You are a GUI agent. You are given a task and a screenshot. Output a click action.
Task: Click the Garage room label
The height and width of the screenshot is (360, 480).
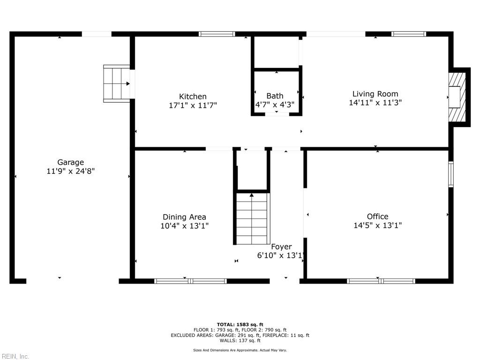[70, 163]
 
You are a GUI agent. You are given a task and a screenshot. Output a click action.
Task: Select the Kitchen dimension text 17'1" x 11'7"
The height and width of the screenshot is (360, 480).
[193, 105]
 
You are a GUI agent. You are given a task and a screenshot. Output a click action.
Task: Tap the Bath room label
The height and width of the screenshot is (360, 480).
[275, 96]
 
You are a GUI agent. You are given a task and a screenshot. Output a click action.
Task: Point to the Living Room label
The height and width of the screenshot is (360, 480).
[375, 94]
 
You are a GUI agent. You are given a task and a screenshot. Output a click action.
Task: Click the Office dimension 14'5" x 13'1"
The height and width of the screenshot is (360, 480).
[377, 225]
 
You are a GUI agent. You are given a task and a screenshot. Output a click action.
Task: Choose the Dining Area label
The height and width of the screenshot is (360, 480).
[184, 217]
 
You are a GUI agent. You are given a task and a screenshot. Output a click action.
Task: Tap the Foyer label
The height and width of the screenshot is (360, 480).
[281, 247]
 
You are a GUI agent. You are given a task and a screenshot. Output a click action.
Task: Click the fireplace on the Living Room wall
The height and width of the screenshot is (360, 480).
[457, 97]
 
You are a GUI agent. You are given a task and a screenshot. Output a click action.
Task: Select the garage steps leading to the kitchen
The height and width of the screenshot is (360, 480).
[116, 83]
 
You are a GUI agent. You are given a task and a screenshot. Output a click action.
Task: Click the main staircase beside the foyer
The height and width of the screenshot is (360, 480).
[252, 218]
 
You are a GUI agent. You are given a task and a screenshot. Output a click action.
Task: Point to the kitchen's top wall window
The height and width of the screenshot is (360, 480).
[217, 34]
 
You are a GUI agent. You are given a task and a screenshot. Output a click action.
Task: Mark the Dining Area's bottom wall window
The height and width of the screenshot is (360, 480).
[190, 281]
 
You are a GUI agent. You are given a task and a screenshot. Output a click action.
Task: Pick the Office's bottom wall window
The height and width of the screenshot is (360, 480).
[381, 281]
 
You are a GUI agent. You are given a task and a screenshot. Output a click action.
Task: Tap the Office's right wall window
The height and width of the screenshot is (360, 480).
[451, 174]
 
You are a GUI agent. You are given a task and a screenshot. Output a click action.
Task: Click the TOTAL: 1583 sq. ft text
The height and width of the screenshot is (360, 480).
[240, 324]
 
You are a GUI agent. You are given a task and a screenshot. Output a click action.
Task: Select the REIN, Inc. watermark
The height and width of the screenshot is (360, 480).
[15, 356]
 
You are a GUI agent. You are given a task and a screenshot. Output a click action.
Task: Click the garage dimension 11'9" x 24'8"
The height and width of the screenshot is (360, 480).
[70, 172]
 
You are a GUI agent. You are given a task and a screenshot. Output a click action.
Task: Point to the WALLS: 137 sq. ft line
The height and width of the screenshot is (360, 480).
[240, 341]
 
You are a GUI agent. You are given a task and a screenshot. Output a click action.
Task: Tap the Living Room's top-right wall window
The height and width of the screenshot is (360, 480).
[409, 34]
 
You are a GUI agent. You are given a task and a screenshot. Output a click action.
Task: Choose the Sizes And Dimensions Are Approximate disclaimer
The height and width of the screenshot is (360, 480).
[240, 350]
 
